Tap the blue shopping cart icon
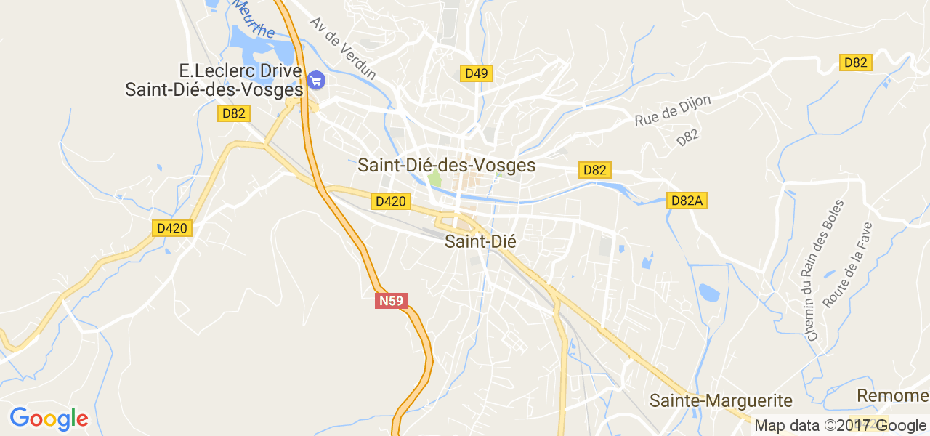[x=316, y=80]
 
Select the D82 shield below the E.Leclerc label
[x=234, y=113]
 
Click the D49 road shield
[x=477, y=73]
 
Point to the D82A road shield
[x=687, y=201]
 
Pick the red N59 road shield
[x=391, y=300]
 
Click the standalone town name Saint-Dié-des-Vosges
[x=446, y=166]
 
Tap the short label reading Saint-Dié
[x=480, y=242]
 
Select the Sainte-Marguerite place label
[x=721, y=400]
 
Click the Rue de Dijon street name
[x=672, y=110]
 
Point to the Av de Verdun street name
[x=343, y=48]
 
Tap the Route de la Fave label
[x=847, y=265]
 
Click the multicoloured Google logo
[x=49, y=419]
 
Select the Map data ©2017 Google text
[x=840, y=426]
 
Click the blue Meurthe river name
[x=254, y=20]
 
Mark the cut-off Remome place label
[x=893, y=396]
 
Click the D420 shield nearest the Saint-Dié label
[x=390, y=201]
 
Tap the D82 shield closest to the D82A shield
[x=594, y=170]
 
